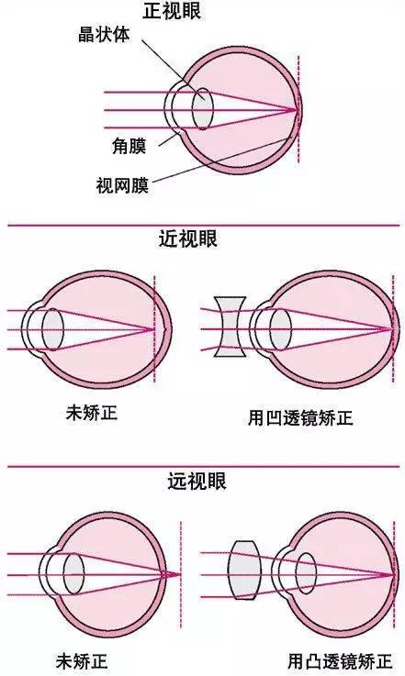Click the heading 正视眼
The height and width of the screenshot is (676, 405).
pyautogui.click(x=173, y=11)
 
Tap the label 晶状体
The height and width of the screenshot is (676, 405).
pyautogui.click(x=104, y=35)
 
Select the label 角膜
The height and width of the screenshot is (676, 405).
pyautogui.click(x=129, y=146)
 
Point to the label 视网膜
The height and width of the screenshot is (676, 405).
pyautogui.click(x=122, y=185)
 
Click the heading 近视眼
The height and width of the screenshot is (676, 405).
pyautogui.click(x=188, y=238)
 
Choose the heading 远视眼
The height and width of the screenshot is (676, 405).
pyautogui.click(x=197, y=481)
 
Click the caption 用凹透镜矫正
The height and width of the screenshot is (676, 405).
pyautogui.click(x=300, y=417)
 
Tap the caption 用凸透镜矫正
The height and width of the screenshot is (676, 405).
pyautogui.click(x=340, y=660)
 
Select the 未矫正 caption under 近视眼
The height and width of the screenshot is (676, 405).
pyautogui.click(x=92, y=413)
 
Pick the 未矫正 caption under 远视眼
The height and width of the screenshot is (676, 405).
pyautogui.click(x=82, y=660)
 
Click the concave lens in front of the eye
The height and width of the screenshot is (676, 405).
pyautogui.click(x=231, y=327)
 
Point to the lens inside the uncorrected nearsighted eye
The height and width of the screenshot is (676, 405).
pyautogui.click(x=52, y=329)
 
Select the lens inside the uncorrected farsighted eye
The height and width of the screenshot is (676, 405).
pyautogui.click(x=73, y=574)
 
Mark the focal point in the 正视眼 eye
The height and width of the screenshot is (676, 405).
pyautogui.click(x=298, y=109)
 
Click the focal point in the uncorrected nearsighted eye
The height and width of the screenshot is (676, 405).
pyautogui.click(x=153, y=330)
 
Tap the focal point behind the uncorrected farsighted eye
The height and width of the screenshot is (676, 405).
pyautogui.click(x=180, y=574)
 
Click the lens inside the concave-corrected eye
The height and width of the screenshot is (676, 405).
pyautogui.click(x=281, y=329)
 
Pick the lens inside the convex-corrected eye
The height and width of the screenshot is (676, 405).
pyautogui.click(x=306, y=573)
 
